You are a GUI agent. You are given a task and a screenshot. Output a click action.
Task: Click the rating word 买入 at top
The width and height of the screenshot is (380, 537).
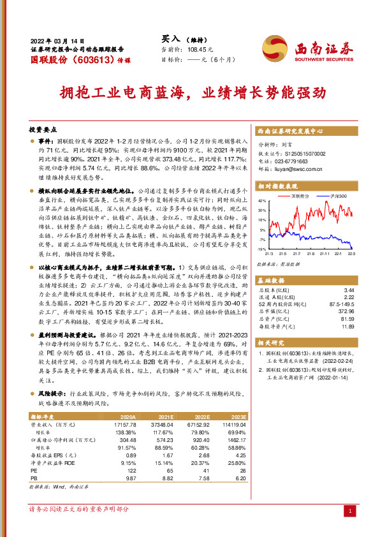point(168,39)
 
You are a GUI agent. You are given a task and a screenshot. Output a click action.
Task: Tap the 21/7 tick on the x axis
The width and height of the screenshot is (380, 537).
point(295,253)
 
